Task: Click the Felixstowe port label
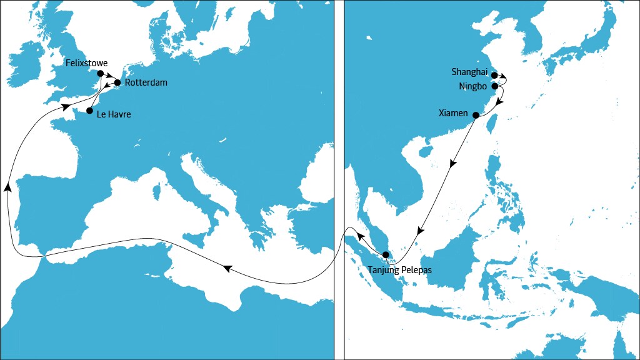tap(86, 64)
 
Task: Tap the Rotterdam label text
tap(146, 82)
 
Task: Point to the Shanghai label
tap(469, 72)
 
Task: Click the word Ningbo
tap(472, 86)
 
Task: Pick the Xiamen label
tap(453, 113)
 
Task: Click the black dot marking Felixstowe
tap(101, 73)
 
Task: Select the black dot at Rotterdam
tap(117, 82)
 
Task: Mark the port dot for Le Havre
tap(89, 111)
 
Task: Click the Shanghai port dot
tap(494, 75)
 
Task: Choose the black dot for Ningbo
tap(494, 86)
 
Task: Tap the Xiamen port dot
tap(476, 115)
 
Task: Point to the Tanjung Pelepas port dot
tap(386, 254)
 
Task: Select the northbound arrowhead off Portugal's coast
tap(7, 186)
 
